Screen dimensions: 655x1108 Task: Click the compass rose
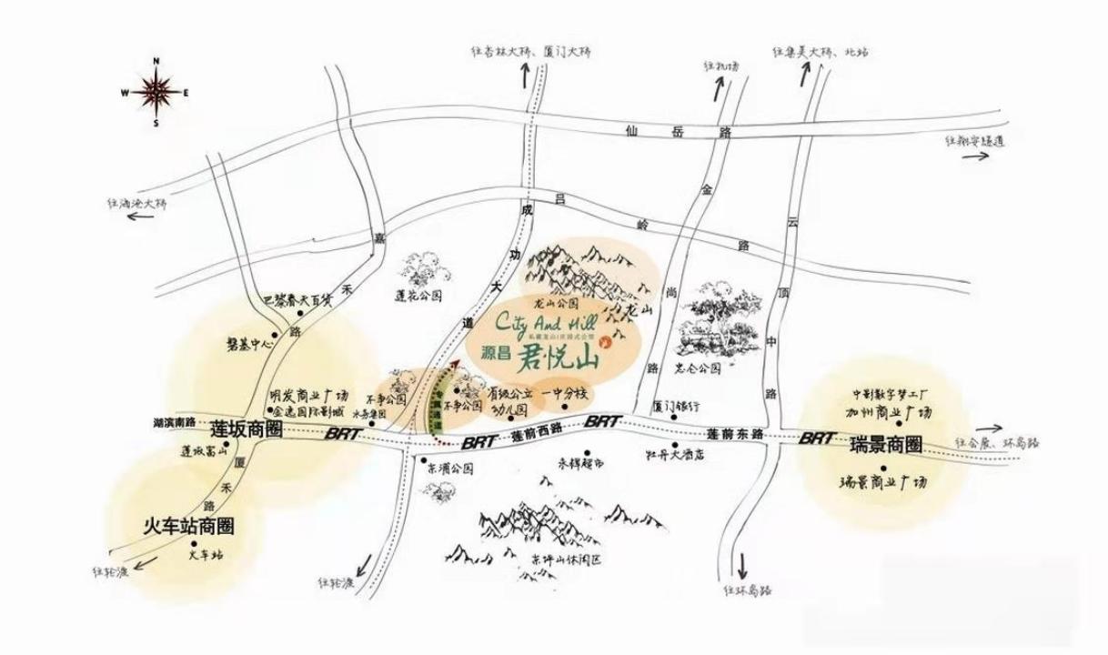tap(156, 91)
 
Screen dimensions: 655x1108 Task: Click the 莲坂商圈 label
tap(247, 428)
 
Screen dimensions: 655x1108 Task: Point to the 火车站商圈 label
tap(190, 526)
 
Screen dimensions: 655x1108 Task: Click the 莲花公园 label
tap(418, 296)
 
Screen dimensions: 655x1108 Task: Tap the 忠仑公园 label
tap(700, 369)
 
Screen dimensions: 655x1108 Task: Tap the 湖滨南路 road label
tap(180, 423)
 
